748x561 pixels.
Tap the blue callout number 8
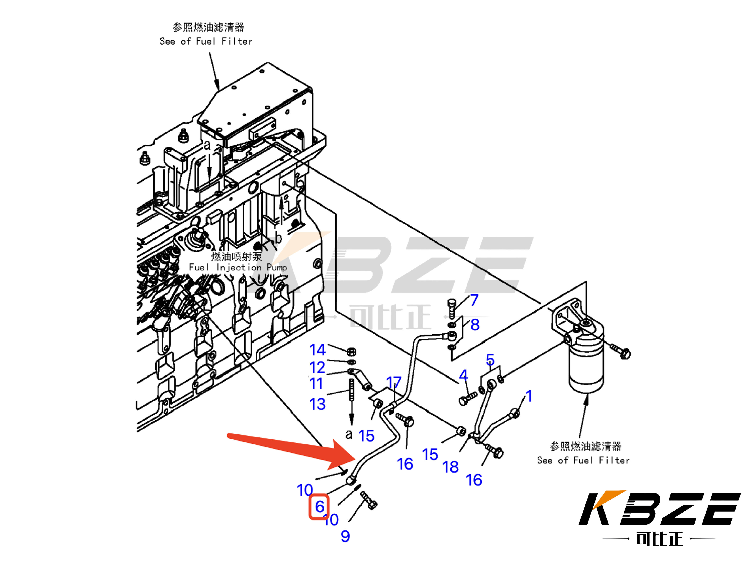tap(475, 325)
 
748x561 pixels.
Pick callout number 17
tap(394, 383)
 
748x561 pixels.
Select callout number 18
tap(450, 467)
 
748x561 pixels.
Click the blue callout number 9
tap(345, 536)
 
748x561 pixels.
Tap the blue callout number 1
tap(529, 396)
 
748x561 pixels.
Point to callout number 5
tap(490, 360)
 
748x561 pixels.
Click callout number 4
tap(463, 375)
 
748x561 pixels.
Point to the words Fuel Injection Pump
tap(237, 267)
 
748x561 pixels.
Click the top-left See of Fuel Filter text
tap(206, 41)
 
